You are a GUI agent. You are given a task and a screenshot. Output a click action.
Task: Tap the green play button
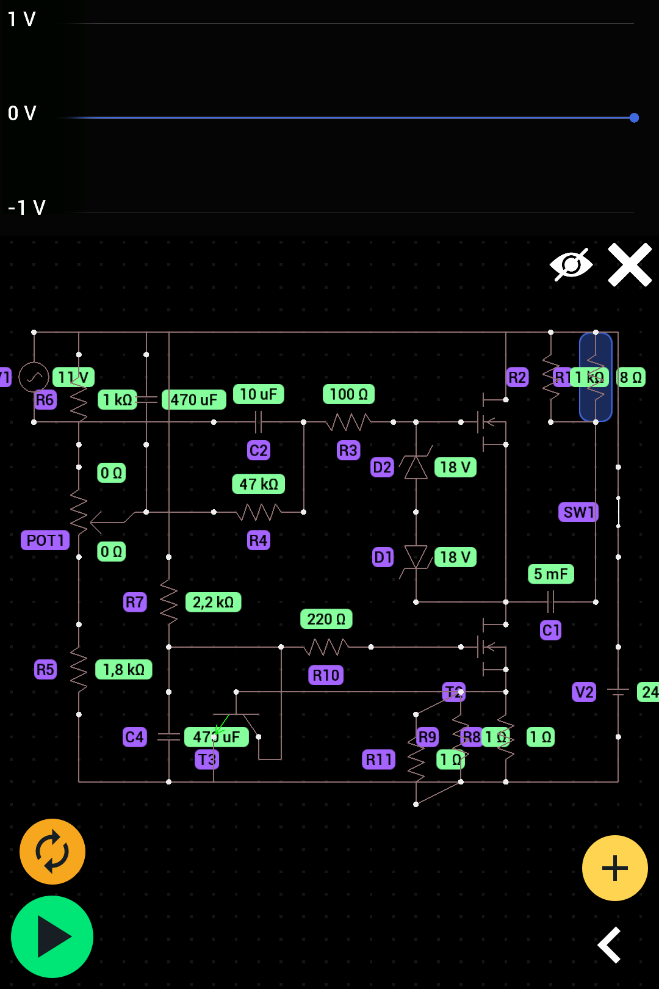click(52, 936)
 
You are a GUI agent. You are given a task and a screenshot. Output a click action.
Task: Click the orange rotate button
click(52, 851)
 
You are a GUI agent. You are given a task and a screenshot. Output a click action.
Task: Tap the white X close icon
click(630, 265)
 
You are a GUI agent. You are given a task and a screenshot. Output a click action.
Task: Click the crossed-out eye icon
click(571, 265)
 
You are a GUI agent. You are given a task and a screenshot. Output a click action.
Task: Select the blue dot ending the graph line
click(634, 118)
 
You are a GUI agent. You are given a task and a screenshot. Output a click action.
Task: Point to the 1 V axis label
click(22, 20)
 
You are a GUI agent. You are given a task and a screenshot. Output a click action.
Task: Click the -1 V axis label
click(27, 208)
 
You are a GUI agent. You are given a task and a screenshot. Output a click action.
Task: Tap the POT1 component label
click(45, 540)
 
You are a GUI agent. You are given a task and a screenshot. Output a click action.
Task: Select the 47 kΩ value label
click(259, 484)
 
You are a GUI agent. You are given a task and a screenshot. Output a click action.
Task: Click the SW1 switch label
click(578, 512)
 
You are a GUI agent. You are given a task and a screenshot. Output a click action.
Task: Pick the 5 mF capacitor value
click(550, 574)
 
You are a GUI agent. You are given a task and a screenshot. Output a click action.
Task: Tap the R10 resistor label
click(326, 675)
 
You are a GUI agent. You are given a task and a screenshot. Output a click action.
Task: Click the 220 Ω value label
click(326, 619)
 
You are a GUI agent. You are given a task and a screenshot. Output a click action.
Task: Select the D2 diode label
click(382, 468)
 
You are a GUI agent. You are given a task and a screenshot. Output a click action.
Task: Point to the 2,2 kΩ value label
click(213, 603)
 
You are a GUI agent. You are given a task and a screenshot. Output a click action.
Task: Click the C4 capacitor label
click(134, 737)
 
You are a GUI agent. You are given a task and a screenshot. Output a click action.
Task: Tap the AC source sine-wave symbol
click(34, 377)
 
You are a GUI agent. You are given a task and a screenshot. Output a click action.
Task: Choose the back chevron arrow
click(610, 944)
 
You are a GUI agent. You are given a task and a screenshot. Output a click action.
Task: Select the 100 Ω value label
click(348, 394)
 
